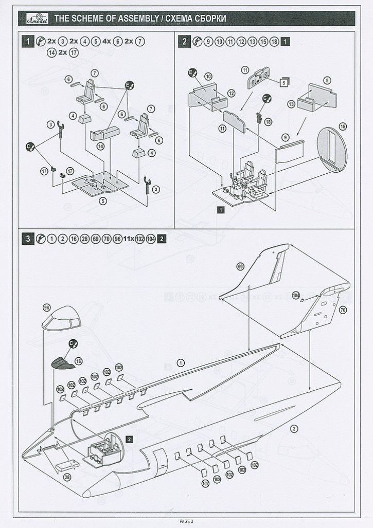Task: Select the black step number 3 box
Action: (27, 239)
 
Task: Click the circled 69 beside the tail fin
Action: (240, 266)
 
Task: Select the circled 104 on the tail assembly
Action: (296, 295)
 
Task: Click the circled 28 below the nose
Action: (67, 478)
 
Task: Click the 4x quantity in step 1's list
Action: (106, 41)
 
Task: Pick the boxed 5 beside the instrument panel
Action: (283, 81)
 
